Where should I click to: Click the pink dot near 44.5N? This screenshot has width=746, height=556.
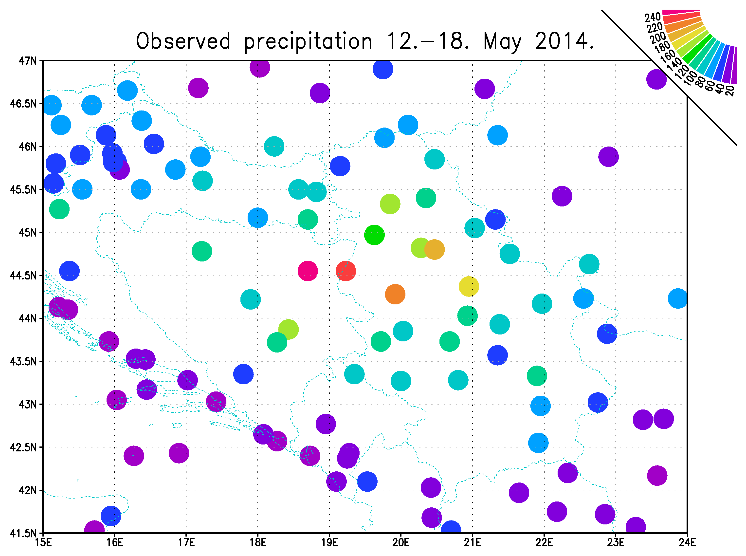(308, 271)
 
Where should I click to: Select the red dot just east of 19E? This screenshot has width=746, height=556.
(346, 271)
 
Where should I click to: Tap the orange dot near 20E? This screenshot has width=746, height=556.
(395, 294)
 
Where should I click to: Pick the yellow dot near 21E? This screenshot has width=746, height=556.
(469, 286)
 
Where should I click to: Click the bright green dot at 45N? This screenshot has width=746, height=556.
(374, 235)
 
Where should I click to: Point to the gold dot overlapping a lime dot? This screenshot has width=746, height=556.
(435, 250)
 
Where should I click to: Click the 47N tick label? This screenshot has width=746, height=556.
(27, 61)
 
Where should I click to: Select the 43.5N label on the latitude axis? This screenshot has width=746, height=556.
(23, 361)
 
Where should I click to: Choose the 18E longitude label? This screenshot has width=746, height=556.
(258, 542)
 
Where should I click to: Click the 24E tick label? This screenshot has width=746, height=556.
(687, 542)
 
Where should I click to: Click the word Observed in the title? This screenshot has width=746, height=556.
(183, 41)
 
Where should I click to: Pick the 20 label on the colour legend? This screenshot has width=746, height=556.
(729, 91)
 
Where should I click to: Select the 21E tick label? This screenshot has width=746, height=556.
(473, 542)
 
